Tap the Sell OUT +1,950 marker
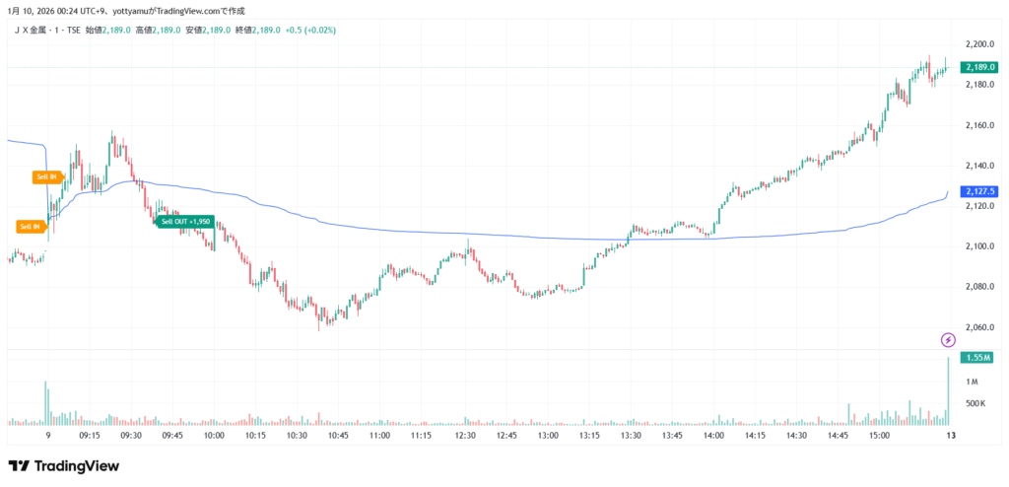coord(184,221)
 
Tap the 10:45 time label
coord(338,435)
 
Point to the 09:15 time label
coord(90,435)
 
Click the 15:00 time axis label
coord(879,435)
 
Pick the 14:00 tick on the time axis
coord(713,435)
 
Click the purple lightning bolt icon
coord(948,340)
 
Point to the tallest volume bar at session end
coord(947,390)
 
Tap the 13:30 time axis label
coord(631,435)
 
